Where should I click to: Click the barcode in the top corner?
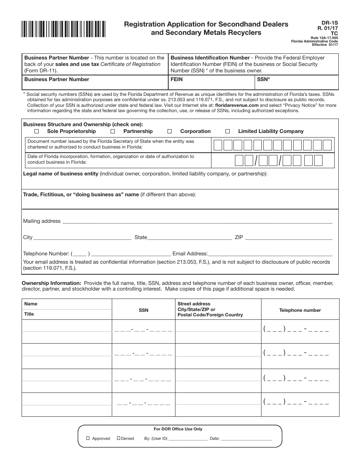point(63,29)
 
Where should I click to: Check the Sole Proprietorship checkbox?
point(37,131)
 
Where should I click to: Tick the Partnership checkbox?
point(113,131)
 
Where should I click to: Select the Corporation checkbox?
point(170,131)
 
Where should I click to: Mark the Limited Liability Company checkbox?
point(228,131)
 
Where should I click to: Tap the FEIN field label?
point(177,80)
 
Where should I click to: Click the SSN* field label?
point(263,80)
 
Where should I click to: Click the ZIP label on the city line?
point(239,238)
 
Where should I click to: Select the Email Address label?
point(190,254)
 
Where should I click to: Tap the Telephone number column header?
point(300,310)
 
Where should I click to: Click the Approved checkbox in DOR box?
point(88,438)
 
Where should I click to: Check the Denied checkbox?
point(119,438)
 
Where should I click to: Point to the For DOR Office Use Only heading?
point(178,429)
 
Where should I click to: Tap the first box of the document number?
point(218,145)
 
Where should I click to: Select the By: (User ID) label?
point(156,438)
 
